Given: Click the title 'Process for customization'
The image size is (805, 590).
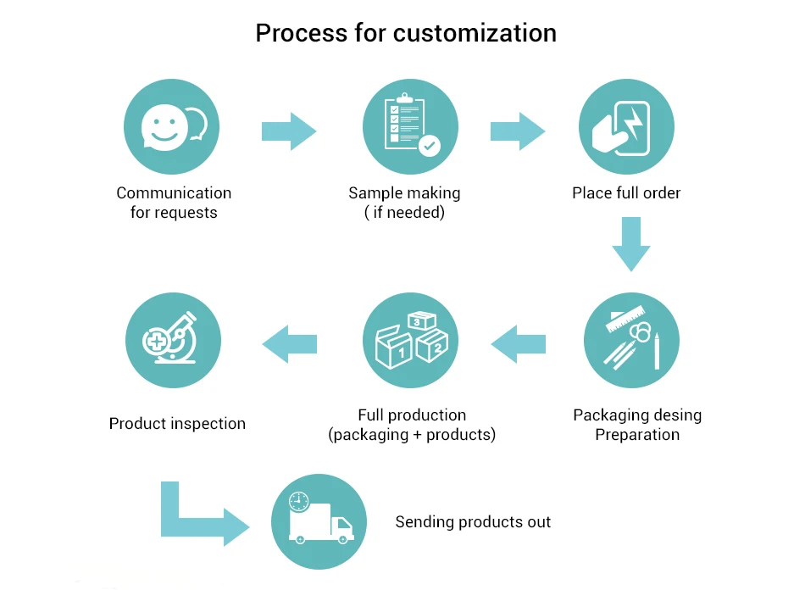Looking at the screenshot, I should [406, 33].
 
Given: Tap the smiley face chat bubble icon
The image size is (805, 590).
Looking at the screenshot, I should [173, 127].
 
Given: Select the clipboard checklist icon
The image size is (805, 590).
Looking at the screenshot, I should [411, 127].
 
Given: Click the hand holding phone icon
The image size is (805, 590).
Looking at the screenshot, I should [626, 127].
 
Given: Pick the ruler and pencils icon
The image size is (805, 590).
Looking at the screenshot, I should [632, 340].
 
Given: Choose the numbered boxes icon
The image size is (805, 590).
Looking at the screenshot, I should [411, 340].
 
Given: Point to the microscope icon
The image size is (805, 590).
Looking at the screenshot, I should [173, 340].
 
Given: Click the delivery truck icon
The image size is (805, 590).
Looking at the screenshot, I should [319, 521].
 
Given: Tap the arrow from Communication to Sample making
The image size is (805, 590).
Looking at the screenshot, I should [289, 131].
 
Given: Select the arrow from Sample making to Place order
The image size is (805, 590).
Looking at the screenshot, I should [518, 131].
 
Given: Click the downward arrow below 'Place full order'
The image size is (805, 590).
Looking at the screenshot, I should [631, 244].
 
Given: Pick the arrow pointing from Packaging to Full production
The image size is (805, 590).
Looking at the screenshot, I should [518, 344].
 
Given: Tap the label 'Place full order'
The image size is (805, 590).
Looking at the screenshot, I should [626, 193].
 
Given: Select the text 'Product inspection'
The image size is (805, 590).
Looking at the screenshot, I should [177, 423].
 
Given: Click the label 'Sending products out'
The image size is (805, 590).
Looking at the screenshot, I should [473, 522].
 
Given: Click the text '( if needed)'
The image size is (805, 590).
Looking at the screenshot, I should [404, 213].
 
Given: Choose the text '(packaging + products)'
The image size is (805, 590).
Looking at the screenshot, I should [412, 435].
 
